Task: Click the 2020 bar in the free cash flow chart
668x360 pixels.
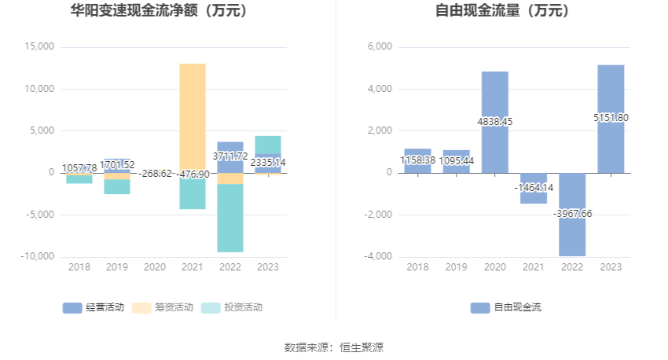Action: click(x=494, y=123)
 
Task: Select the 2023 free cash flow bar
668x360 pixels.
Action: click(x=611, y=119)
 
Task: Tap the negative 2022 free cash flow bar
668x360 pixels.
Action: click(x=572, y=215)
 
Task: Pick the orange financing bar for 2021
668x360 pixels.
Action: click(x=193, y=119)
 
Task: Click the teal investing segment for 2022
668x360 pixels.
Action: click(x=230, y=219)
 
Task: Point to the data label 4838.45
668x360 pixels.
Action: click(x=495, y=122)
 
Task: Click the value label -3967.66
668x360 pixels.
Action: click(x=572, y=214)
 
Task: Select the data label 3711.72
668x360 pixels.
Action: click(x=230, y=156)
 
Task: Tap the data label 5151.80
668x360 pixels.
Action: click(x=611, y=118)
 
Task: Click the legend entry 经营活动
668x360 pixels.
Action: click(x=94, y=307)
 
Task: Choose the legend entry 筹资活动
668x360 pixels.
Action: click(x=163, y=307)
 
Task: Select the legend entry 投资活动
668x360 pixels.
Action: click(x=231, y=307)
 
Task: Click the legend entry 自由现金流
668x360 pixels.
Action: click(x=505, y=307)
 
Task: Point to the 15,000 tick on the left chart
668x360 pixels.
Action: click(x=39, y=46)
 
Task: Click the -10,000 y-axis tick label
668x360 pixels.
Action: click(x=38, y=256)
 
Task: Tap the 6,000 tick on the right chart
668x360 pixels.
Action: click(x=380, y=46)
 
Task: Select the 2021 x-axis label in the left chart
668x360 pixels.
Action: click(x=192, y=267)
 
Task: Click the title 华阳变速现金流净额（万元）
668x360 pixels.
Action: click(x=160, y=10)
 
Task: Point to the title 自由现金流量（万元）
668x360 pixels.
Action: click(x=503, y=10)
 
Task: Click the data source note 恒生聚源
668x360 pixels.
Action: click(x=362, y=347)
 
